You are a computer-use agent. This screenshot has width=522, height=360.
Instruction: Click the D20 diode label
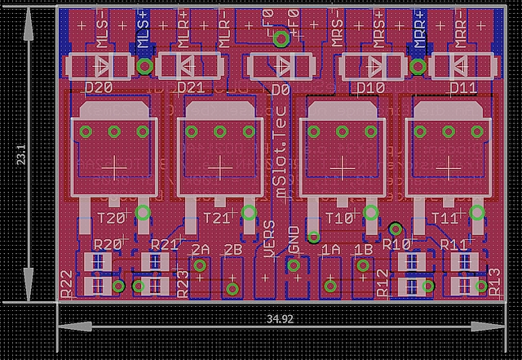(99, 87)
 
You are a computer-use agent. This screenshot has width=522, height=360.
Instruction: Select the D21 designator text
(190, 87)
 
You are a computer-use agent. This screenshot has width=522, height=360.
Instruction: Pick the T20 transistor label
(112, 218)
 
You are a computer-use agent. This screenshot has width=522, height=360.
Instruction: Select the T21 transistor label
(217, 218)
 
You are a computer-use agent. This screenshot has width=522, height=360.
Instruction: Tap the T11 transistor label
(445, 218)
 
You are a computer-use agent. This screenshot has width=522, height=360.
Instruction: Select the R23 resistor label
(184, 282)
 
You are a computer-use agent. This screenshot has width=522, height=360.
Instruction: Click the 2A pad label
(201, 249)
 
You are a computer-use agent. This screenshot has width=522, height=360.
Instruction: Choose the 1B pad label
(363, 249)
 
